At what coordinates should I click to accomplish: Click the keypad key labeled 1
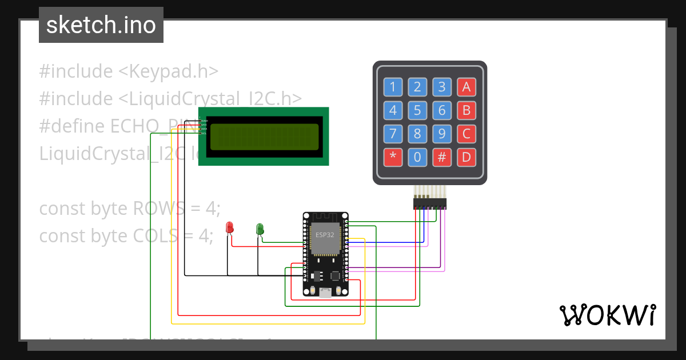click(x=393, y=87)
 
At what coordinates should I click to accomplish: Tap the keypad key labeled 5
click(x=417, y=110)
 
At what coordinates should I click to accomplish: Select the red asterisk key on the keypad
click(x=393, y=157)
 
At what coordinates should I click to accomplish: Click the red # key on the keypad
click(x=442, y=157)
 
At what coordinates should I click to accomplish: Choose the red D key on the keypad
click(x=466, y=157)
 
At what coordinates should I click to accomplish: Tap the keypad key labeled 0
click(x=417, y=157)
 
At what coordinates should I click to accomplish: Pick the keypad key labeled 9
click(x=442, y=134)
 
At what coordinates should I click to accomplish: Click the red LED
click(x=230, y=227)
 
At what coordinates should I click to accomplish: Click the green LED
click(x=260, y=229)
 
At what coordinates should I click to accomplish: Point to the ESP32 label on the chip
click(x=325, y=235)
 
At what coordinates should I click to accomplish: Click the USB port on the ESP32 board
click(x=325, y=293)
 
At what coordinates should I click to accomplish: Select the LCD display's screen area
click(x=264, y=137)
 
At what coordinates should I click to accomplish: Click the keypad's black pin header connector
click(x=430, y=204)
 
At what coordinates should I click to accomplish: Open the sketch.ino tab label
click(x=101, y=25)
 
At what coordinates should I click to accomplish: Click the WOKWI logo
click(x=607, y=315)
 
